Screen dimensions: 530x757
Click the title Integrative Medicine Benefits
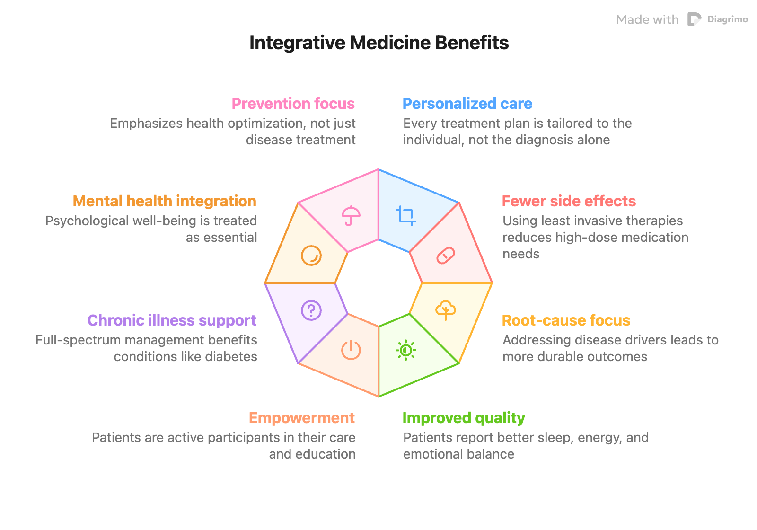[x=378, y=43]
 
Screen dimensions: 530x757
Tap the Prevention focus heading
[x=293, y=104]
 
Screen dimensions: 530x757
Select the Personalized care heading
[x=467, y=104]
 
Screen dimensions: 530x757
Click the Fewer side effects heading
[x=569, y=201]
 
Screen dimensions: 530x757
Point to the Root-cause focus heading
[x=566, y=320]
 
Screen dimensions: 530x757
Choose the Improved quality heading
[x=464, y=418]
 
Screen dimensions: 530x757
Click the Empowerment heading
[x=302, y=418]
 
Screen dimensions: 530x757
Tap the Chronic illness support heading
[x=172, y=320]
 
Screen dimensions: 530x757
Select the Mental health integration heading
[x=165, y=201]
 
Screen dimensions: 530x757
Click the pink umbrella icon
[x=351, y=216]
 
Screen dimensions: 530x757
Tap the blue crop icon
[x=405, y=216]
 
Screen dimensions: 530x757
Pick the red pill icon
[x=445, y=256]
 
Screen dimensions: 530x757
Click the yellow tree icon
[x=445, y=310]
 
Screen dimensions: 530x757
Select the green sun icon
[x=405, y=350]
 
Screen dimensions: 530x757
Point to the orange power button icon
[x=351, y=350]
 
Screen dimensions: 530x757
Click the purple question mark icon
[x=311, y=310]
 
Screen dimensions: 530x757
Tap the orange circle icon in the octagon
[x=311, y=256]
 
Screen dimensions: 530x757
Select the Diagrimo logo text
[x=727, y=19]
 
